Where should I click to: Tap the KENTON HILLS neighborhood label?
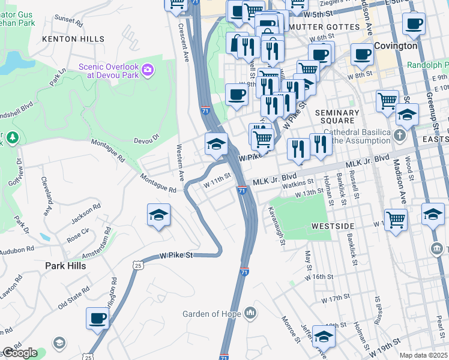[x=68, y=39]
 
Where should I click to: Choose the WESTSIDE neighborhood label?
[x=333, y=226]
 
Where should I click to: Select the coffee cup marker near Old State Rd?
[x=97, y=319]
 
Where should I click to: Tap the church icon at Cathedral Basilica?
[x=400, y=135]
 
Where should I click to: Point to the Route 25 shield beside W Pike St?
[x=138, y=265]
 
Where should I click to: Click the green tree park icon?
[x=12, y=139]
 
